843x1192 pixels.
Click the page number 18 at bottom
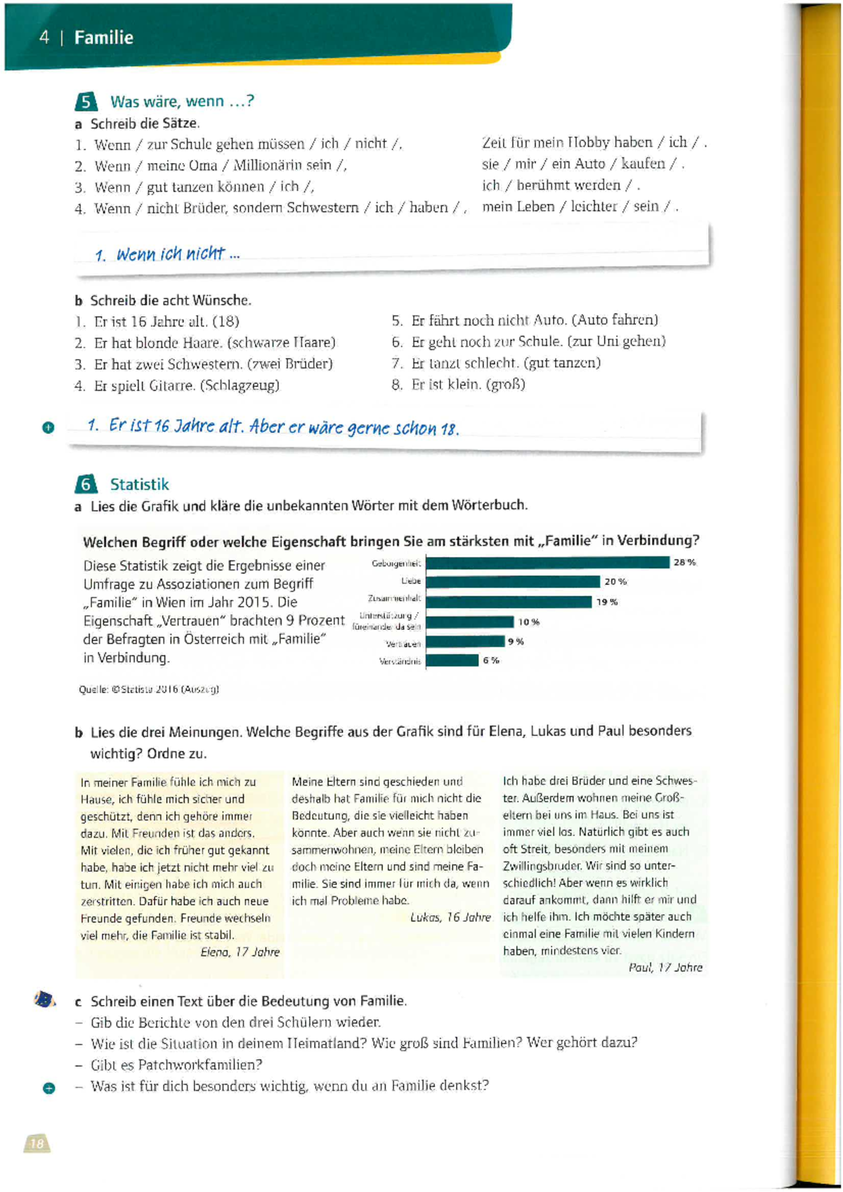coord(37,1144)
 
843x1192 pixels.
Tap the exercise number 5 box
coord(85,103)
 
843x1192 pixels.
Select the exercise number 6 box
coord(85,485)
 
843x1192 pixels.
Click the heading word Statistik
coord(139,485)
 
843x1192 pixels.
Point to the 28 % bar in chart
coord(547,563)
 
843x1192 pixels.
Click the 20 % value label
coord(615,582)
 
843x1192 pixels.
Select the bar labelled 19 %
coord(509,602)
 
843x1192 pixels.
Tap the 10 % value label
coord(528,622)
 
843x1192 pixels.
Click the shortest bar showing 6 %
coord(452,660)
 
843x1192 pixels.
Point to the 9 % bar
coord(465,641)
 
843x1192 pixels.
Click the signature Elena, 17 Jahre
coord(240,952)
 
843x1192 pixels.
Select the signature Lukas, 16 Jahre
coord(450,917)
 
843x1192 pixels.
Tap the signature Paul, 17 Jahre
coord(665,968)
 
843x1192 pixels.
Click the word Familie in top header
coord(103,38)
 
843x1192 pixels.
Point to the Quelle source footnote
coord(149,690)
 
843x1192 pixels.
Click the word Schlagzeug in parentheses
coord(241,386)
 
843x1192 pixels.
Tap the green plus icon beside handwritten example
coord(48,427)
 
